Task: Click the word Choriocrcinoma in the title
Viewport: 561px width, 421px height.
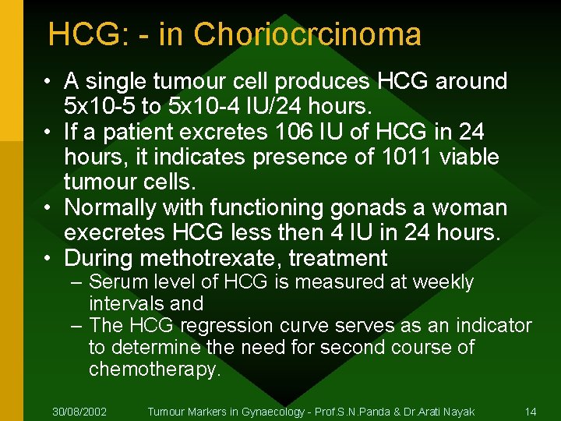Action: pyautogui.click(x=308, y=34)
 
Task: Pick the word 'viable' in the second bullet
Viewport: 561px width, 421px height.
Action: pyautogui.click(x=469, y=157)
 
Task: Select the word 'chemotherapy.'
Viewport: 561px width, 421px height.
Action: pyautogui.click(x=155, y=369)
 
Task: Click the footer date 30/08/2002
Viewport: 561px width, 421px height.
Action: pyautogui.click(x=79, y=411)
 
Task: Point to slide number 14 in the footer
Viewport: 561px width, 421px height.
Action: pyautogui.click(x=531, y=411)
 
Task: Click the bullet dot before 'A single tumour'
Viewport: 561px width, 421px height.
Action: pyautogui.click(x=48, y=81)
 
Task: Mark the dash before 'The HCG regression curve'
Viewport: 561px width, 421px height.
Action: pyautogui.click(x=77, y=325)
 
